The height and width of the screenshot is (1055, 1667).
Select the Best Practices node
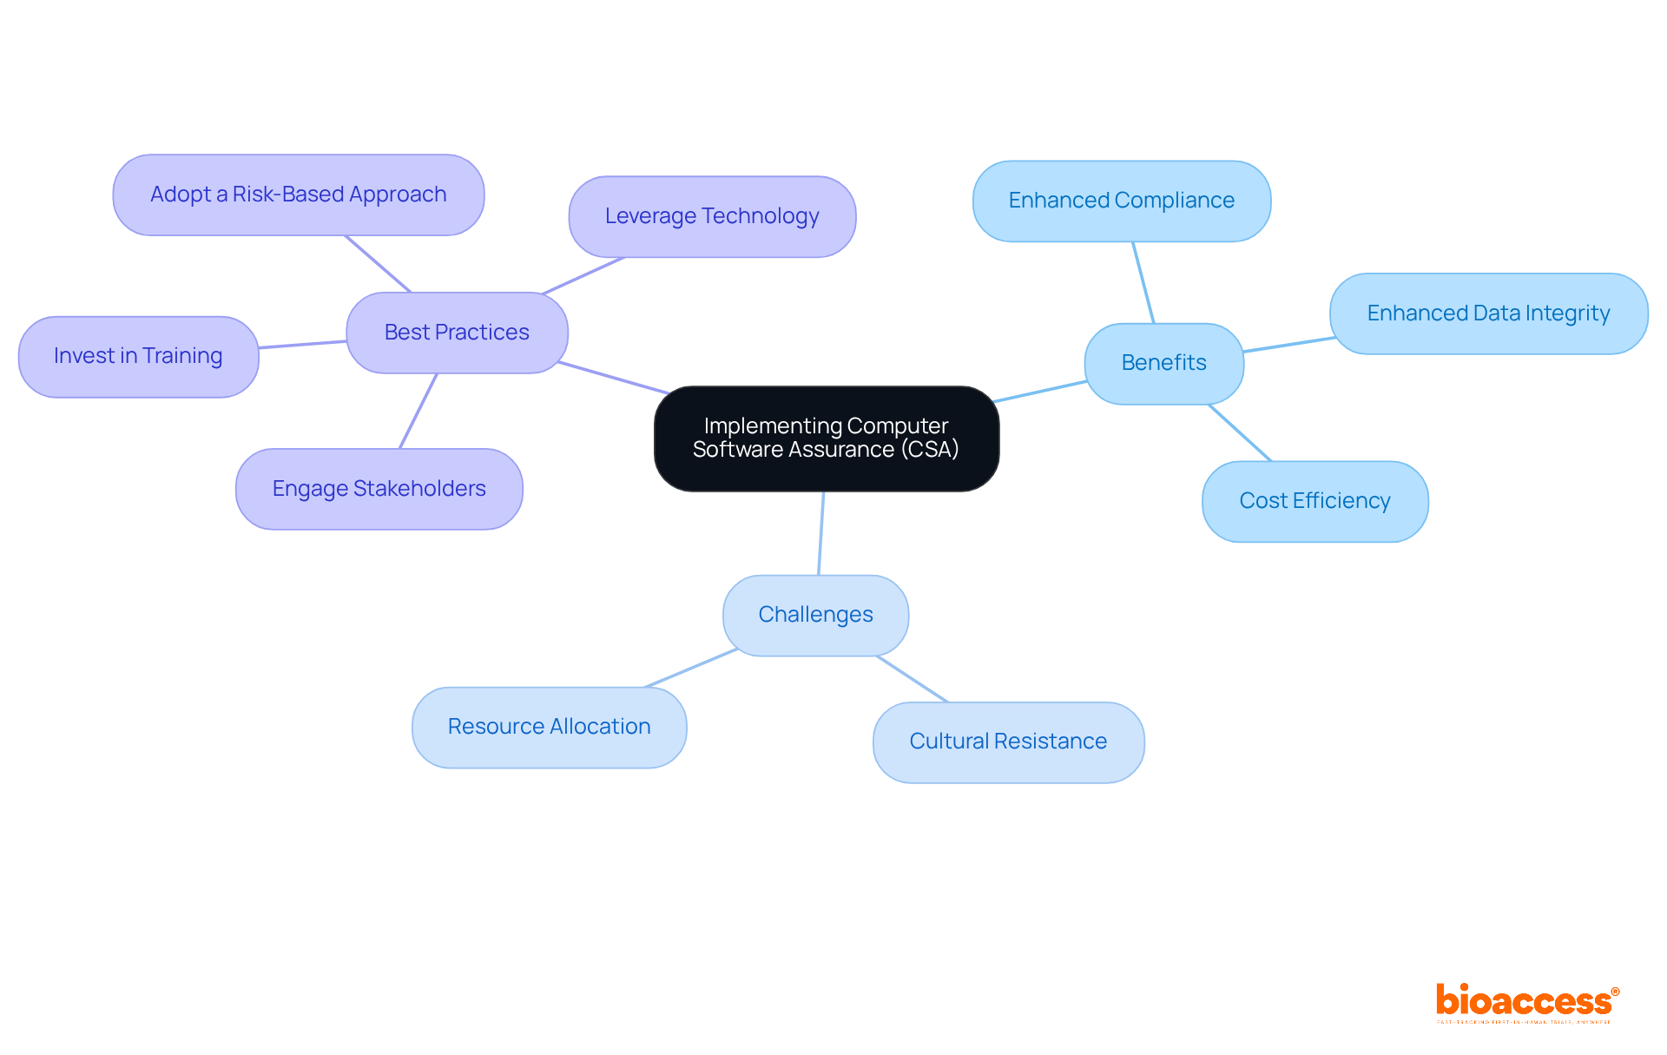[x=457, y=333]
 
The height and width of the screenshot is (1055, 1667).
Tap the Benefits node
[x=1163, y=363]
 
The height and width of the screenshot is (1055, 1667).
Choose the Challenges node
[x=815, y=615]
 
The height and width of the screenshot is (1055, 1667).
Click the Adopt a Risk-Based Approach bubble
[x=298, y=195]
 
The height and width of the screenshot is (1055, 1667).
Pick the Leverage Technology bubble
[x=712, y=216]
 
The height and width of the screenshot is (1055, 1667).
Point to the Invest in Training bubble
[x=138, y=356]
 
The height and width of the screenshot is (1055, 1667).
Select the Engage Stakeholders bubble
[x=379, y=489]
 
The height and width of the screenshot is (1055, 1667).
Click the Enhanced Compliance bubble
[x=1121, y=201]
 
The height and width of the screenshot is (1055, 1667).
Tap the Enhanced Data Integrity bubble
[x=1488, y=313]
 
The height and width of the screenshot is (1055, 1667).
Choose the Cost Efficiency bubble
[x=1314, y=501]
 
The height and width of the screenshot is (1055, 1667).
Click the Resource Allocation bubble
[x=549, y=727]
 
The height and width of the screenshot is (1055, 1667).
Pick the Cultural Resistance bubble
[x=1008, y=742]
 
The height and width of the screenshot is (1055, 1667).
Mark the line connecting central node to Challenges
[x=821, y=532]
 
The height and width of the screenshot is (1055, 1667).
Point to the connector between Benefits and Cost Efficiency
[x=1240, y=432]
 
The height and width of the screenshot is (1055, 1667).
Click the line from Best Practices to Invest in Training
[x=302, y=345]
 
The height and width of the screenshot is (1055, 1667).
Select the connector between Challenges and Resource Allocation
[x=691, y=668]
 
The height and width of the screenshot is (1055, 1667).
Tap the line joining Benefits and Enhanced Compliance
[x=1143, y=282]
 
